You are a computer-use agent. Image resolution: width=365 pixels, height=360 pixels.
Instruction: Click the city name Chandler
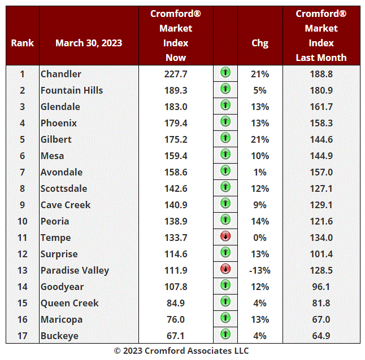coord(61,74)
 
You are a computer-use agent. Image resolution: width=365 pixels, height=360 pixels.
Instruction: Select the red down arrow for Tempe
coord(225,236)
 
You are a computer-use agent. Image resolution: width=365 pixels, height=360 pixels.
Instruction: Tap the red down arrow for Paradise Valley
coord(225,269)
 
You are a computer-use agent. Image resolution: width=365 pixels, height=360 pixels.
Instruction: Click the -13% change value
coord(260,270)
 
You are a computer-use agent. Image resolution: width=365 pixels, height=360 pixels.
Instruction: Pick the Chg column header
coord(260,43)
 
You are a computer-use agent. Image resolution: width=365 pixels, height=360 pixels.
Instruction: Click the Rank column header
coord(23,43)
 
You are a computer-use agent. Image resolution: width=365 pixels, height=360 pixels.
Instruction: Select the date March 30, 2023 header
coord(89,43)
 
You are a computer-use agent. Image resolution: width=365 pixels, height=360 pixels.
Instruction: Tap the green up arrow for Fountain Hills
coord(225,89)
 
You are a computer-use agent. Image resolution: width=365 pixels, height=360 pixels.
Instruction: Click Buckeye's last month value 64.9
coord(321,336)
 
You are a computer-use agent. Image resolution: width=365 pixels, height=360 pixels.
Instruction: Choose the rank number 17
coord(23,336)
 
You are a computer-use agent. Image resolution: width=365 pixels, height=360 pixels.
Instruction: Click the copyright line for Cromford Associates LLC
coord(181,350)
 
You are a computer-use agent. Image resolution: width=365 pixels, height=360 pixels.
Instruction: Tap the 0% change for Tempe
coord(260,238)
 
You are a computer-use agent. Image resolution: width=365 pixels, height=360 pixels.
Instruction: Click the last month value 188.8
coord(321,74)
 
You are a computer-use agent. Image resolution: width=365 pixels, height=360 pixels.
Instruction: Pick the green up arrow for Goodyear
coord(225,286)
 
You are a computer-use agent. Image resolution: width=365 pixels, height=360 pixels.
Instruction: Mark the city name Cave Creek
coord(66,205)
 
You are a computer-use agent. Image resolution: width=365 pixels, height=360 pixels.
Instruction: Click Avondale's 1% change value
coord(260,172)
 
